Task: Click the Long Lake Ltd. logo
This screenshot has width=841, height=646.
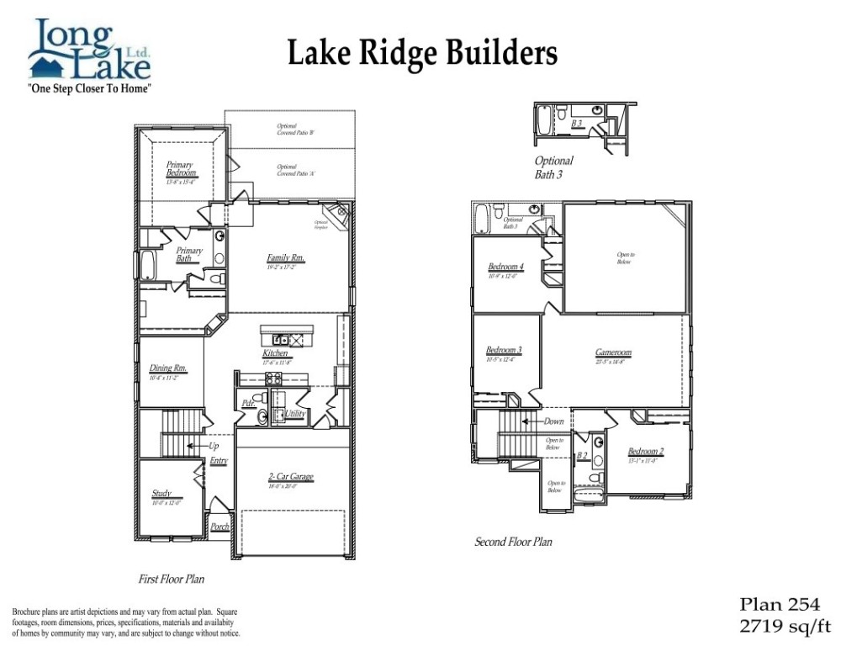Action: point(89,56)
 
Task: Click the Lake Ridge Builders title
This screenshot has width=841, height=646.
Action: point(422,54)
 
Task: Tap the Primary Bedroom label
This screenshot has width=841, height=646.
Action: point(180,169)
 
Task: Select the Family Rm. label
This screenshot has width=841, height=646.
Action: point(286,258)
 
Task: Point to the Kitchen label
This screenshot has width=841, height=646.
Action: point(276,353)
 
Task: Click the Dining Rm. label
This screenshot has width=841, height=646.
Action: point(168,368)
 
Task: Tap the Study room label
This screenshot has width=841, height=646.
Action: point(162,494)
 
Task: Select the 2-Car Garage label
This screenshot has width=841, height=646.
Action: point(290,477)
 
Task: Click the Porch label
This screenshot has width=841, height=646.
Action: point(220,527)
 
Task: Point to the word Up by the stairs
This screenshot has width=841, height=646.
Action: point(213,446)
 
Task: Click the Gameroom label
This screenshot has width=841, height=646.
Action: point(613,353)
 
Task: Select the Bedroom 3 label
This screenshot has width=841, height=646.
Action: point(504,351)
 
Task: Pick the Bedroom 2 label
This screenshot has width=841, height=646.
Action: point(646,452)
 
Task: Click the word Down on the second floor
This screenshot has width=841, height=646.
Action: point(554,421)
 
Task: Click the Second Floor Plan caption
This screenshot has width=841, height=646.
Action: point(513,543)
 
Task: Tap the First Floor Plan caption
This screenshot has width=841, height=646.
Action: point(172,580)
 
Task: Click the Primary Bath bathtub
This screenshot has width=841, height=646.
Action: point(147,266)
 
